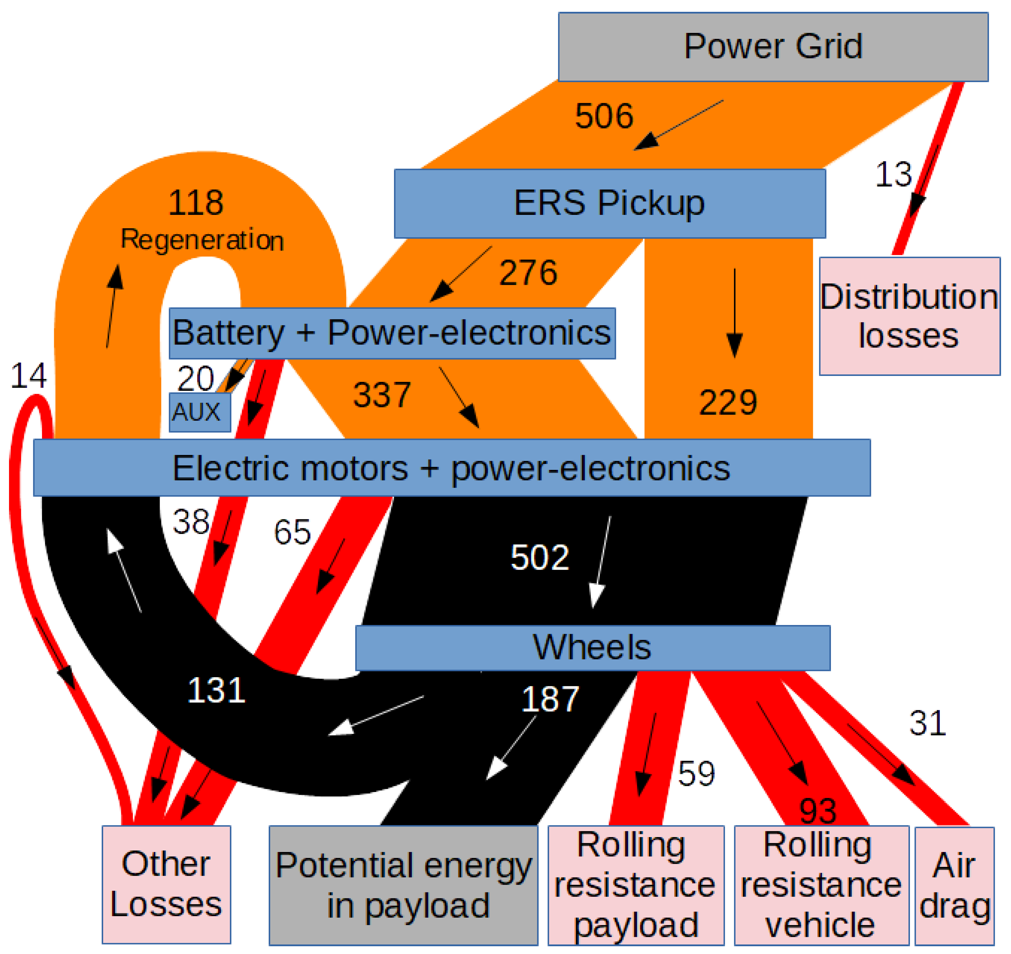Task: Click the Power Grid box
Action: click(x=773, y=47)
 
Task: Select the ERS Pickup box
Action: click(x=610, y=203)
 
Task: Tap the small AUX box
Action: click(x=199, y=412)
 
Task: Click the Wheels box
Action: click(x=592, y=648)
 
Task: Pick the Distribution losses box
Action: click(x=909, y=316)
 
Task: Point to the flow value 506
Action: click(x=604, y=116)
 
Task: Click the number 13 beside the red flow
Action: click(x=893, y=174)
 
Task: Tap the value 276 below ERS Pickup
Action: click(x=528, y=273)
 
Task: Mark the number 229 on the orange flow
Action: click(x=728, y=403)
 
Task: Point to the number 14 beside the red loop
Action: click(x=29, y=376)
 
